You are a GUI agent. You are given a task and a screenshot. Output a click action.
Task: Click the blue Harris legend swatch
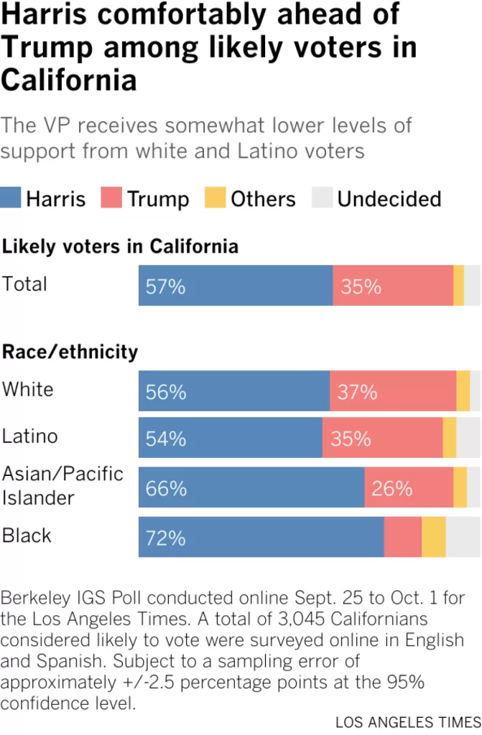(x=10, y=197)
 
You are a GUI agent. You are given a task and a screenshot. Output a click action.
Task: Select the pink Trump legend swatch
(x=111, y=197)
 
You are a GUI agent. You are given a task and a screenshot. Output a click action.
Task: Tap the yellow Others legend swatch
(x=215, y=197)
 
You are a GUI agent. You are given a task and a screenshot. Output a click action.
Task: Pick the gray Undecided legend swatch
(x=323, y=197)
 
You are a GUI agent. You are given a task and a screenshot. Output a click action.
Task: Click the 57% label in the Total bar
(x=165, y=286)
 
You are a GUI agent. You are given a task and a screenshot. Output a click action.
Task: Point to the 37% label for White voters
(x=357, y=392)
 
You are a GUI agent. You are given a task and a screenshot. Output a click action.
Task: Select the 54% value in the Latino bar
(x=166, y=439)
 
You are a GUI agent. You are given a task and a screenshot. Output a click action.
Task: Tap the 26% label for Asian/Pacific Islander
(x=392, y=488)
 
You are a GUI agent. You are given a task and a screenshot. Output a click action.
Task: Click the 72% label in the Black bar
(x=165, y=538)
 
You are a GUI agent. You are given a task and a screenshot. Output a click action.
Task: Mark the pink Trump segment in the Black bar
(x=403, y=537)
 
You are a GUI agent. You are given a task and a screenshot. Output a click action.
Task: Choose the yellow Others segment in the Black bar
(x=434, y=537)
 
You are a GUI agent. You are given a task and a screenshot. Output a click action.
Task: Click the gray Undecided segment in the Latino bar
(x=468, y=437)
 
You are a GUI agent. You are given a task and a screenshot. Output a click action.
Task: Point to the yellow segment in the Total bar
(x=458, y=285)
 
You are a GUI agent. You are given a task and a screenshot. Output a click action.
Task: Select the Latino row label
(x=29, y=436)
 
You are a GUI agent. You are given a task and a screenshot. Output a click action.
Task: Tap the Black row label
(x=27, y=535)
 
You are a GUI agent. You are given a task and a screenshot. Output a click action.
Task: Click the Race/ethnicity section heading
(x=70, y=352)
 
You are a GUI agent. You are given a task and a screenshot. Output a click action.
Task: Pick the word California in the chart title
(x=68, y=80)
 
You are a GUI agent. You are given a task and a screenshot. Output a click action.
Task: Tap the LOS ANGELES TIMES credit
(x=408, y=722)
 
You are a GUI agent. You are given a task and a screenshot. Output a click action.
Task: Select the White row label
(x=28, y=389)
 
